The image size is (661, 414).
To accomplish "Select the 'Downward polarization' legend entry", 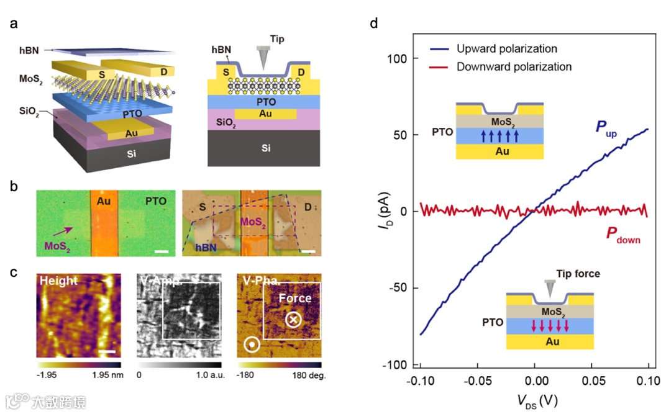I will tap(514, 66).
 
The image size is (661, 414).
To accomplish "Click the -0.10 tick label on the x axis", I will tap(420, 379).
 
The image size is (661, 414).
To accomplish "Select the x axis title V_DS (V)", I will tap(534, 401).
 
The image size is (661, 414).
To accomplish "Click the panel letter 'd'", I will tap(373, 24).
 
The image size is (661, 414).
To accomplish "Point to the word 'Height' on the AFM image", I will tap(59, 281).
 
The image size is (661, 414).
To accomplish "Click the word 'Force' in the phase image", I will tap(294, 298).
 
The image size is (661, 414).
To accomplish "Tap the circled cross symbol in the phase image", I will tap(293, 320).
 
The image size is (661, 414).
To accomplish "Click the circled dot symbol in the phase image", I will tap(251, 343).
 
